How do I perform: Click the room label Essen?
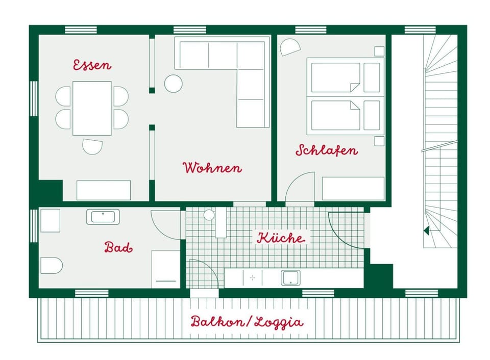[92, 65]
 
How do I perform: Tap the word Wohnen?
[212, 168]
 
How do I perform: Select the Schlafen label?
[327, 150]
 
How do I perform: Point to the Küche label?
[281, 238]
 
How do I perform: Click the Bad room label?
[118, 248]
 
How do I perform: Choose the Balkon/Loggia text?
[247, 322]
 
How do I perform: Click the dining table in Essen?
[92, 108]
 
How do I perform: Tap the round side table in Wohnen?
[174, 84]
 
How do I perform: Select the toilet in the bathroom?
[51, 265]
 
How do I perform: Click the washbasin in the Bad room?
[103, 217]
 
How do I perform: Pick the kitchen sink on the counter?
[290, 278]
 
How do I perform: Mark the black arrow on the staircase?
[426, 230]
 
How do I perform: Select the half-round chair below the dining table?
[92, 146]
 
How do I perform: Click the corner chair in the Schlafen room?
[290, 47]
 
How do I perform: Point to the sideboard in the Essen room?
[104, 190]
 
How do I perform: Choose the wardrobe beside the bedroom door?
[353, 189]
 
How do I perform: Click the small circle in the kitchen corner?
[209, 215]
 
